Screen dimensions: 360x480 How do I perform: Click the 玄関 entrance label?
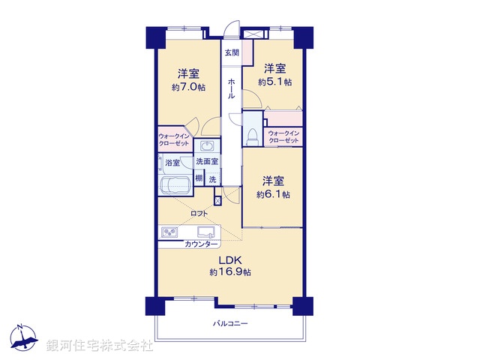coord(232,53)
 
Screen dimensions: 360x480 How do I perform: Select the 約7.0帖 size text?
coord(188,87)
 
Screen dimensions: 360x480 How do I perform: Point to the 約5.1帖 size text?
coord(275,82)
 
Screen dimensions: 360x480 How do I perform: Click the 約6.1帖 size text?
coord(273,194)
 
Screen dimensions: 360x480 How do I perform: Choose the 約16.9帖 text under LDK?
coord(230,271)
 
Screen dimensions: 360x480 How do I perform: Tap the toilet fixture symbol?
coord(253,136)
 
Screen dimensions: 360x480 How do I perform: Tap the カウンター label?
coord(201,244)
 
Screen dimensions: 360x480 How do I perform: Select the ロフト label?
coord(199,214)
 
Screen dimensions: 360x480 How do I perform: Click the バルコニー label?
coord(230,324)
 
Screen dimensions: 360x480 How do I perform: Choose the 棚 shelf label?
coord(199,178)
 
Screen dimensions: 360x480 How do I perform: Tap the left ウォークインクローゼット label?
coord(175,140)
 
